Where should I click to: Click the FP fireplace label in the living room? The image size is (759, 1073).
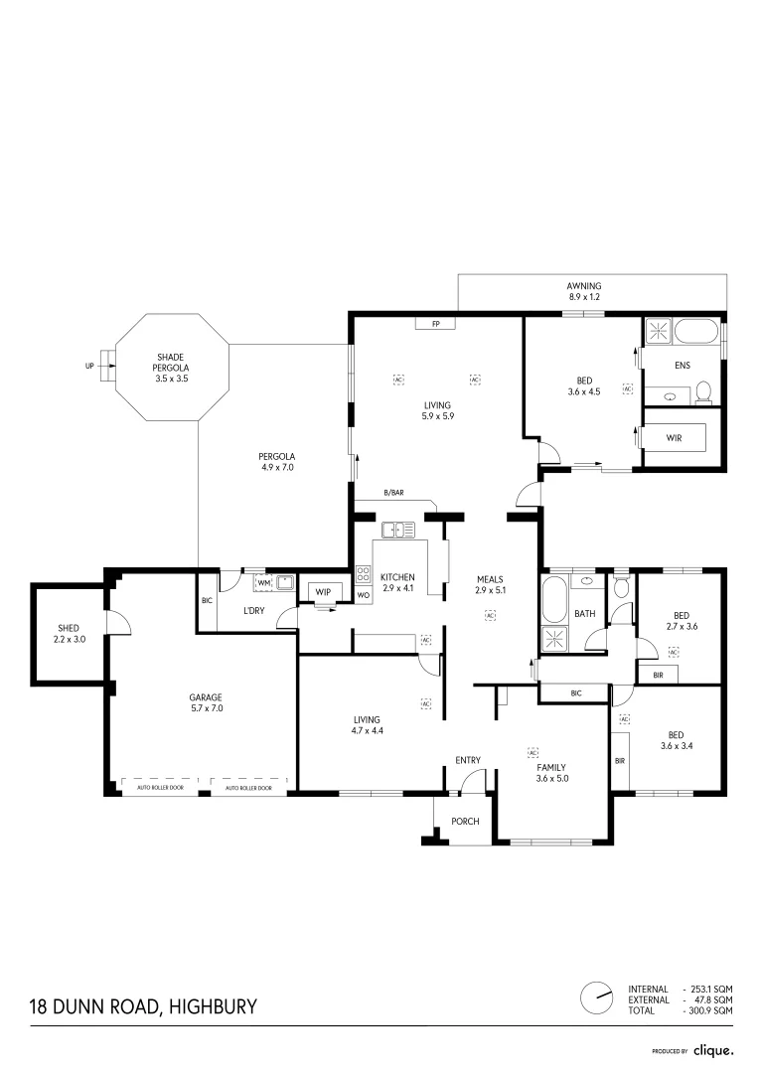pyautogui.click(x=435, y=325)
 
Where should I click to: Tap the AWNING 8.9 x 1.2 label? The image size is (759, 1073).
pyautogui.click(x=584, y=291)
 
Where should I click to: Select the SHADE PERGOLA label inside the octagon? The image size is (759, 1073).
pyautogui.click(x=171, y=368)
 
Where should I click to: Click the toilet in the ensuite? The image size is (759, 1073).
pyautogui.click(x=704, y=392)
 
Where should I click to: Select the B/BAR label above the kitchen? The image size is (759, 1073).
pyautogui.click(x=393, y=493)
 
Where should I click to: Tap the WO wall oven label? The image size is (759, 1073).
pyautogui.click(x=363, y=595)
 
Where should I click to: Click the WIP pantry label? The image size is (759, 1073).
pyautogui.click(x=323, y=592)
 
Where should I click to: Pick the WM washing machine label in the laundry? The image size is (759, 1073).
pyautogui.click(x=263, y=582)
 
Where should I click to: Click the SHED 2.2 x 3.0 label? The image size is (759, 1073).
pyautogui.click(x=68, y=634)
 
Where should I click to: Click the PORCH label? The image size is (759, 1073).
pyautogui.click(x=465, y=822)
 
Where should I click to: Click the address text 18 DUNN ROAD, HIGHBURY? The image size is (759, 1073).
pyautogui.click(x=142, y=1006)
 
